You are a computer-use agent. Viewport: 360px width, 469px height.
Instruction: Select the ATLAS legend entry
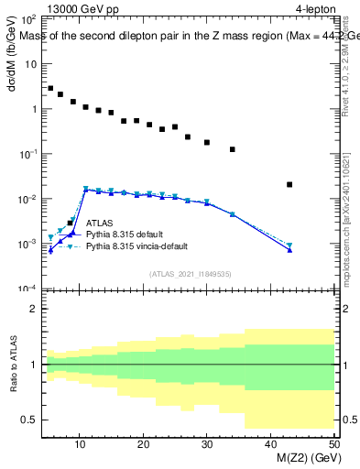click(x=100, y=223)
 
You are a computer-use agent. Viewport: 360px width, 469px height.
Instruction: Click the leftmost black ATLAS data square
click(x=50, y=89)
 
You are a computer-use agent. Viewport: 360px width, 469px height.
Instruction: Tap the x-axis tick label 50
click(x=333, y=444)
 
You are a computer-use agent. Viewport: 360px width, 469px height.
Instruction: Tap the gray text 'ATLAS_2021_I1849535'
click(x=191, y=273)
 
